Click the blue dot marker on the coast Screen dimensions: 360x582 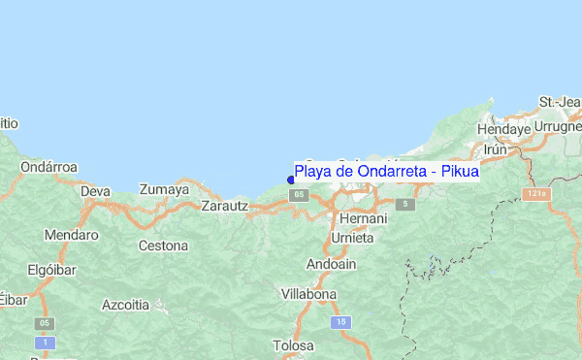tap(291, 179)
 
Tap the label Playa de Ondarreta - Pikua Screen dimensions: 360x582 tap(386, 172)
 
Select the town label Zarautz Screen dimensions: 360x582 tap(224, 206)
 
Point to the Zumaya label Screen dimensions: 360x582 tap(164, 189)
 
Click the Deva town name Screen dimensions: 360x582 tap(95, 191)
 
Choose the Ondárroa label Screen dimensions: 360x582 tap(48, 167)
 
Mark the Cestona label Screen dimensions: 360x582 tap(163, 245)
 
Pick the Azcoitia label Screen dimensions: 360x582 tap(126, 305)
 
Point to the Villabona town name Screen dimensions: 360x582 tap(308, 293)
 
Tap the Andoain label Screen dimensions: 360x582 tap(331, 264)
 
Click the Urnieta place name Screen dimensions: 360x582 tap(351, 237)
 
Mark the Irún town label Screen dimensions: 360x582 tap(495, 149)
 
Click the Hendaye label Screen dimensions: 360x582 tap(504, 128)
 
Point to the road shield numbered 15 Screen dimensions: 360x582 tap(339, 321)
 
